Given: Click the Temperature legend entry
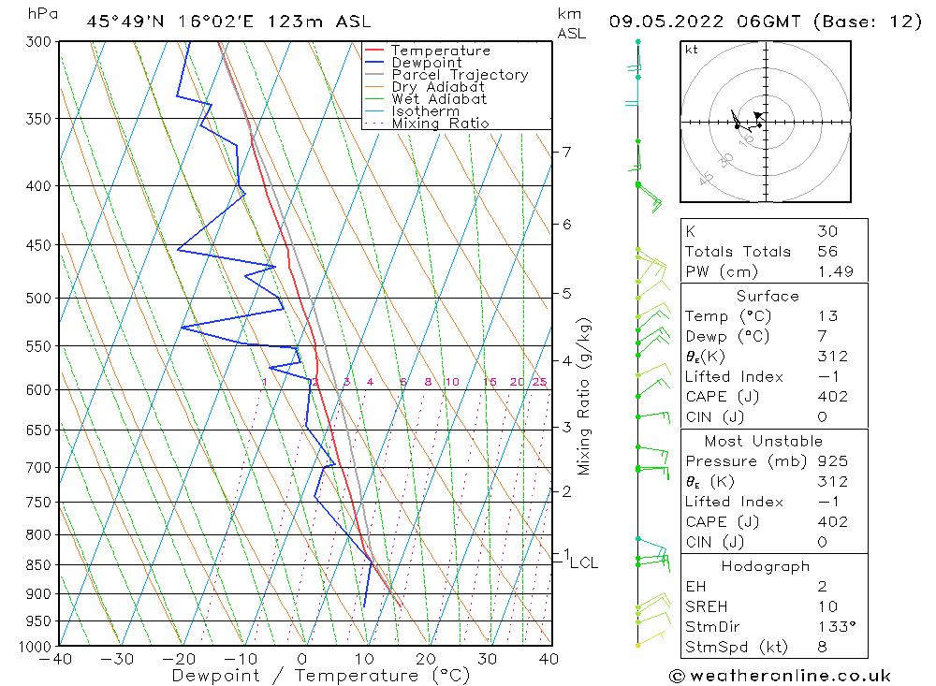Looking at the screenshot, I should point(440,51).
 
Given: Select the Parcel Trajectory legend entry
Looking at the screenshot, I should point(460,75).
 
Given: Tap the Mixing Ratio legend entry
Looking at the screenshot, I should point(440,124).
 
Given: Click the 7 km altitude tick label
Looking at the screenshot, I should point(566,152).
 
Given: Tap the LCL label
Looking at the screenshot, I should point(583,562).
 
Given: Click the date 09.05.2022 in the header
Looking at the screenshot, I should point(663,21).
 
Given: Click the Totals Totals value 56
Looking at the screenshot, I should point(827,252).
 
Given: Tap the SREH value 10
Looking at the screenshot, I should point(826,607).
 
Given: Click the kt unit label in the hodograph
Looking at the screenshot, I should point(692,50).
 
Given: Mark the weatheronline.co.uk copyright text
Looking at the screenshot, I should point(781,676).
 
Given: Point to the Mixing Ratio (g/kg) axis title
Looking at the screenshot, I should point(584,397).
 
